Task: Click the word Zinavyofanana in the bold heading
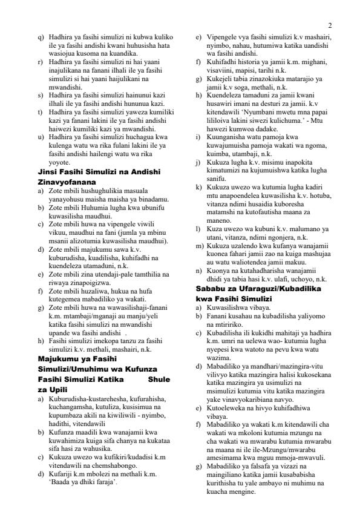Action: pyautogui.click(x=63, y=182)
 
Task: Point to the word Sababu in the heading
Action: pyautogui.click(x=210, y=287)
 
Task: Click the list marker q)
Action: pyautogui.click(x=41, y=38)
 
